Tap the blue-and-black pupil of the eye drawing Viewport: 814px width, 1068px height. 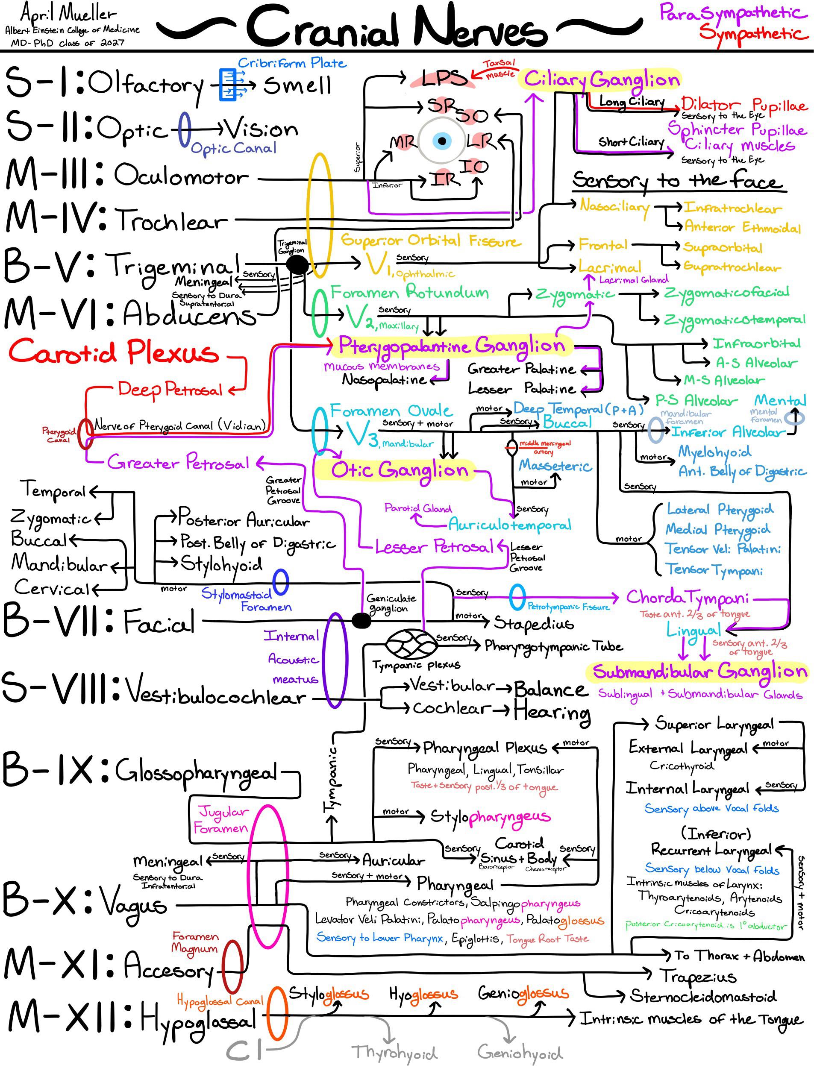[442, 141]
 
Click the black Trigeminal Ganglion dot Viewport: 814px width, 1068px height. [297, 264]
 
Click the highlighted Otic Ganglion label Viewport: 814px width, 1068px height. [400, 470]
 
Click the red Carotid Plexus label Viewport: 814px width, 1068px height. [114, 352]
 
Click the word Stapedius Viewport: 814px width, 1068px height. [533, 623]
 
